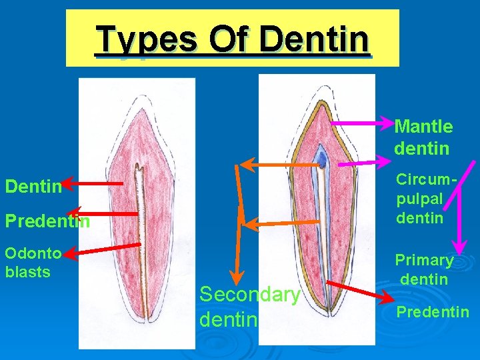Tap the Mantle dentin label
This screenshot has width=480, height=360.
(x=423, y=137)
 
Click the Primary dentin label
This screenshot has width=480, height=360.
(x=424, y=269)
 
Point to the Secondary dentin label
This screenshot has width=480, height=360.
(x=249, y=307)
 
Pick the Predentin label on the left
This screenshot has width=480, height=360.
(x=47, y=221)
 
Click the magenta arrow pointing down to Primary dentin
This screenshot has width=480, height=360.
(x=459, y=220)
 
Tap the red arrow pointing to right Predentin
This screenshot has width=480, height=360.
(x=360, y=291)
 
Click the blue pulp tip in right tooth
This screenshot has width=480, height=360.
(x=322, y=159)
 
